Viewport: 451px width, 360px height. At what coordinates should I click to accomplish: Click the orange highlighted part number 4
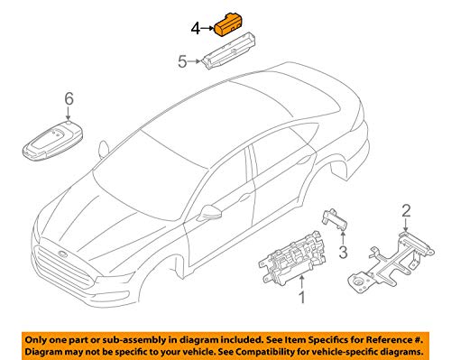point(229,25)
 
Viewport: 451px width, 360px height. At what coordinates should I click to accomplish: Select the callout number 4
point(196,29)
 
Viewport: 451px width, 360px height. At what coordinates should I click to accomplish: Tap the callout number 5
point(182,62)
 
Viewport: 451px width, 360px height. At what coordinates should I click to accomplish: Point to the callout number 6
point(69,99)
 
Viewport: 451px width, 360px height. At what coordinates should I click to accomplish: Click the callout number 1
point(302,298)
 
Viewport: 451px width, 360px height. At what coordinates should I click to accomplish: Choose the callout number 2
point(406,210)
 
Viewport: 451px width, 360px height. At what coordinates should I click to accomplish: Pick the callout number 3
point(343,252)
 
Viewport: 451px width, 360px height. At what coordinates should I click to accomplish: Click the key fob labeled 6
point(53,140)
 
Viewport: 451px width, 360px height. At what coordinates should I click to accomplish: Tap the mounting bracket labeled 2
point(391,262)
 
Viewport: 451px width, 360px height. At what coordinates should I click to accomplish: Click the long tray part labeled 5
point(229,51)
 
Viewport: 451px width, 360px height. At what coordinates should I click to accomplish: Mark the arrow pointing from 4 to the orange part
point(207,29)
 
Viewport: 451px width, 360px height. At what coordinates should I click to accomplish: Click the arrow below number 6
point(69,114)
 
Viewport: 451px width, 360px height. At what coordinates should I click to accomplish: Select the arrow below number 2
point(406,225)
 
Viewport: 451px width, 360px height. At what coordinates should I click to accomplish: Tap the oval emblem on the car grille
point(63,254)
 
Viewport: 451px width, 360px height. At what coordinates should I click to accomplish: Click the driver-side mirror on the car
point(210,211)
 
